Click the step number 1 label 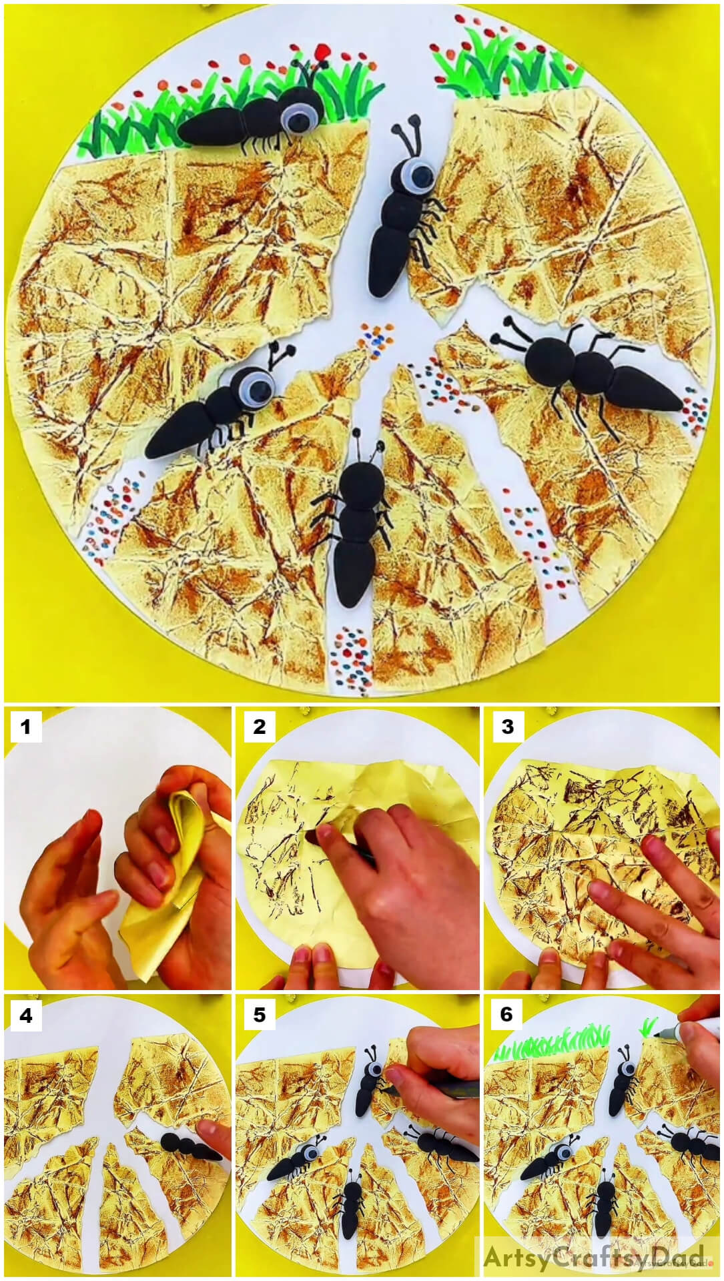pyautogui.click(x=26, y=726)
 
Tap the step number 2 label pyautogui.click(x=259, y=726)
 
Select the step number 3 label pyautogui.click(x=507, y=726)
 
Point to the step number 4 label pyautogui.click(x=26, y=1014)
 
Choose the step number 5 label pyautogui.click(x=259, y=1014)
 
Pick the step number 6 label pyautogui.click(x=507, y=1014)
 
